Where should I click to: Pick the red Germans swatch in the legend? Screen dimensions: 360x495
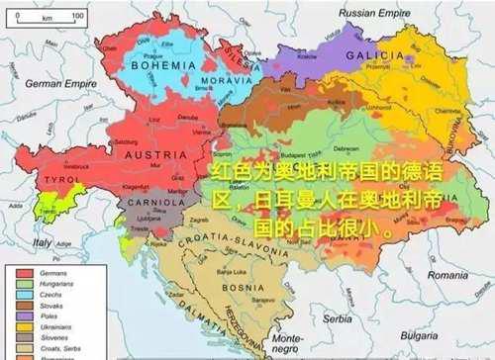25,271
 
